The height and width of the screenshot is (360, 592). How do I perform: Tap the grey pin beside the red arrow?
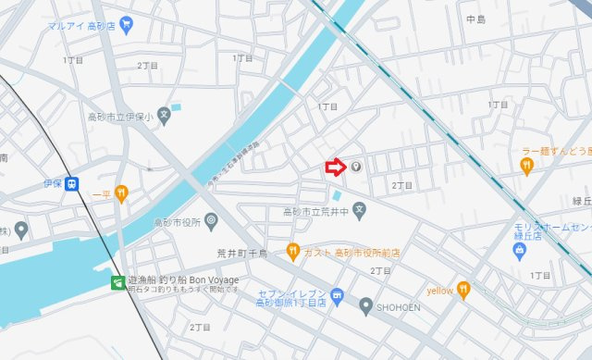tap(356, 168)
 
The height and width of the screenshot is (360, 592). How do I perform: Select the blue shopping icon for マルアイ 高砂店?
tap(127, 22)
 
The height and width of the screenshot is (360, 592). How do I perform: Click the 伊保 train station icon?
tap(71, 183)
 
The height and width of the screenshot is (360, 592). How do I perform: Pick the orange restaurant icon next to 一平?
tap(120, 193)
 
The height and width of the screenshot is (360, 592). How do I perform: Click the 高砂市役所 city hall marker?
tap(212, 220)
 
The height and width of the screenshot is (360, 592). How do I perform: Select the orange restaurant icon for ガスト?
tap(292, 250)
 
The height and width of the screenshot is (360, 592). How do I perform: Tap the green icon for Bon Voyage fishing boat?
tap(117, 281)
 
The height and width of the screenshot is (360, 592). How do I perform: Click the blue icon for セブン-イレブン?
tap(337, 296)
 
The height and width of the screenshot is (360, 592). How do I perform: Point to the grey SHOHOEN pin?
tap(366, 304)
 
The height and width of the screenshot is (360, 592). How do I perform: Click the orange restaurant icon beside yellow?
tap(463, 291)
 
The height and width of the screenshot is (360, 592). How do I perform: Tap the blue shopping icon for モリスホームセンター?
tap(520, 248)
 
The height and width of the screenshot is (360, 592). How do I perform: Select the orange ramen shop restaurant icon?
tap(526, 166)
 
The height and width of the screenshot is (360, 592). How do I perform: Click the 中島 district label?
tap(476, 19)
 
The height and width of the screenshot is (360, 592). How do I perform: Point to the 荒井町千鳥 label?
tap(242, 252)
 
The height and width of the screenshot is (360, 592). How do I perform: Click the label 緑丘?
tap(581, 200)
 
